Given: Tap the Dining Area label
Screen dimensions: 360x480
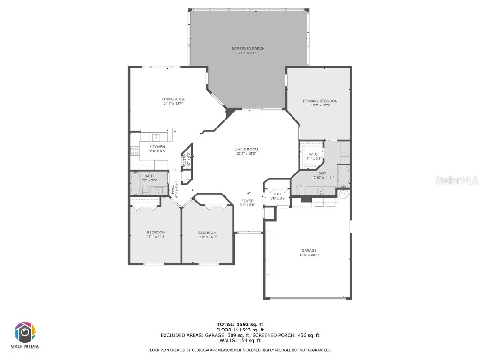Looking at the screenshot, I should (x=173, y=99).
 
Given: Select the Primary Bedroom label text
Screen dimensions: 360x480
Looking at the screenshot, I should (x=320, y=101).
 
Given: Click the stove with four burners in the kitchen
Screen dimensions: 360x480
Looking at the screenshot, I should (x=135, y=151).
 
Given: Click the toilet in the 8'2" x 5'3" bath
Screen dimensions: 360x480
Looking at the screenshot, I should (x=145, y=190).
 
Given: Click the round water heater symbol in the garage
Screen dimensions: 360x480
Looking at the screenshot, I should (x=344, y=194).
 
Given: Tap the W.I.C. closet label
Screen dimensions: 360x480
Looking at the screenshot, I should (x=314, y=154).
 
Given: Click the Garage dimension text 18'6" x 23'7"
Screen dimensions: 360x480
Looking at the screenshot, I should (x=308, y=255).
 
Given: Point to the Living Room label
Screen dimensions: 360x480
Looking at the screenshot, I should (x=247, y=150).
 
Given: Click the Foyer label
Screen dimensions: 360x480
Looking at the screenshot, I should (x=247, y=201).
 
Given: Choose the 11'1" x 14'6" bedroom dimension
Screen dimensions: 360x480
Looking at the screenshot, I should (x=156, y=237).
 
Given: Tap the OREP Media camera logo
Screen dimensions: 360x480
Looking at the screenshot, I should (x=25, y=332).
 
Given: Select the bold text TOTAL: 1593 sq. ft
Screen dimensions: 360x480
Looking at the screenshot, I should (x=240, y=324).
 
